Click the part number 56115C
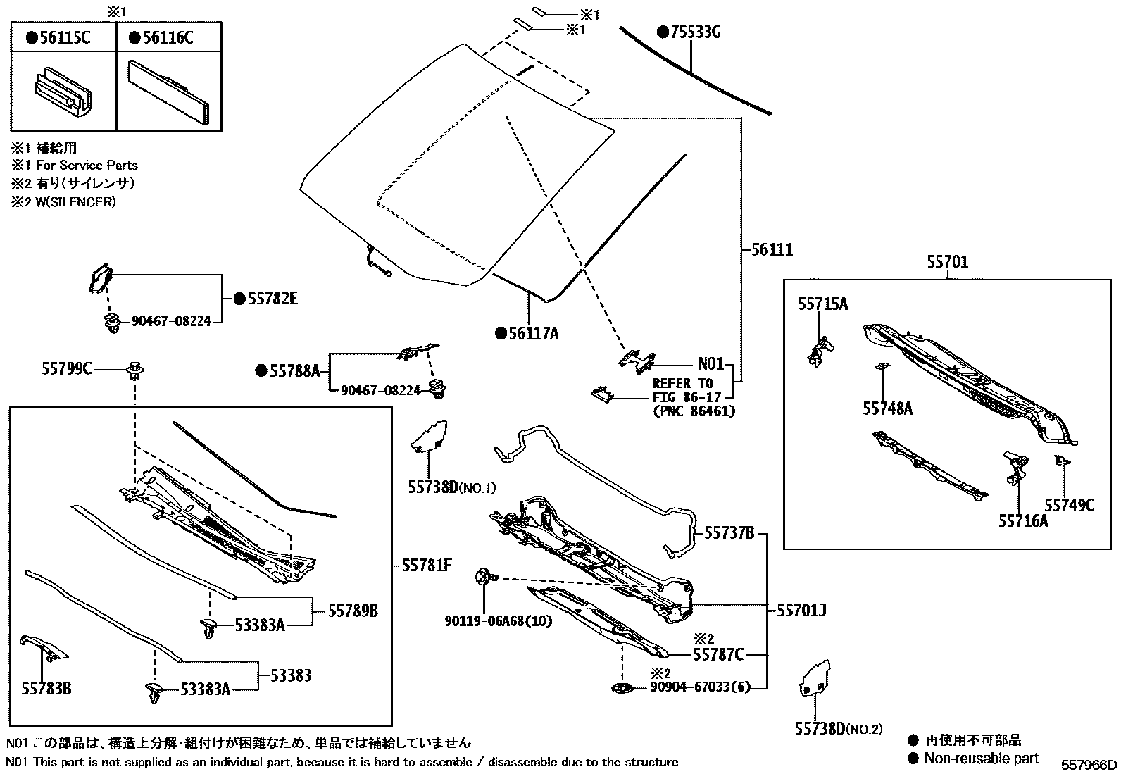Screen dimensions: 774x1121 click(x=65, y=38)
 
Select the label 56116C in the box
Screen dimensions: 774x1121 click(x=168, y=38)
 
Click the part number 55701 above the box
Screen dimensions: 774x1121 click(x=947, y=263)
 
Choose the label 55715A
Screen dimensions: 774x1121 click(x=822, y=304)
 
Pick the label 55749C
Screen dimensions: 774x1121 click(x=1069, y=505)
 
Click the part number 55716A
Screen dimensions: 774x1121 click(x=1022, y=521)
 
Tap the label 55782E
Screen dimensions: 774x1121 click(x=272, y=299)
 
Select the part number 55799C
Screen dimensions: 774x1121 click(x=65, y=368)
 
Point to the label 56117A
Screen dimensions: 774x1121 click(x=533, y=334)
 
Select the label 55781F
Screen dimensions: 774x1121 click(x=427, y=565)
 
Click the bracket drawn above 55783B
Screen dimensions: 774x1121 click(x=43, y=646)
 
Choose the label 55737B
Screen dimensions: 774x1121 click(x=729, y=534)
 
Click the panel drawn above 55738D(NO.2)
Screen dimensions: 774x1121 click(x=815, y=679)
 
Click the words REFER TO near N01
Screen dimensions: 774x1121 click(x=682, y=384)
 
